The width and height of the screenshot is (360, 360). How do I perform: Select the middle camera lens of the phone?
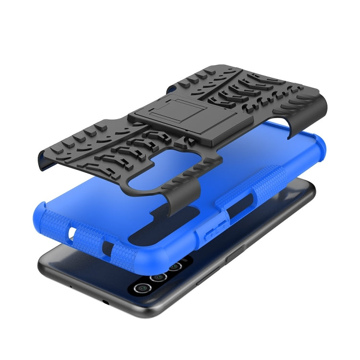coord(157,277)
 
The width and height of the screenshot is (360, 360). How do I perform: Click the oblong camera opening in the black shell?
coord(154,170)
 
